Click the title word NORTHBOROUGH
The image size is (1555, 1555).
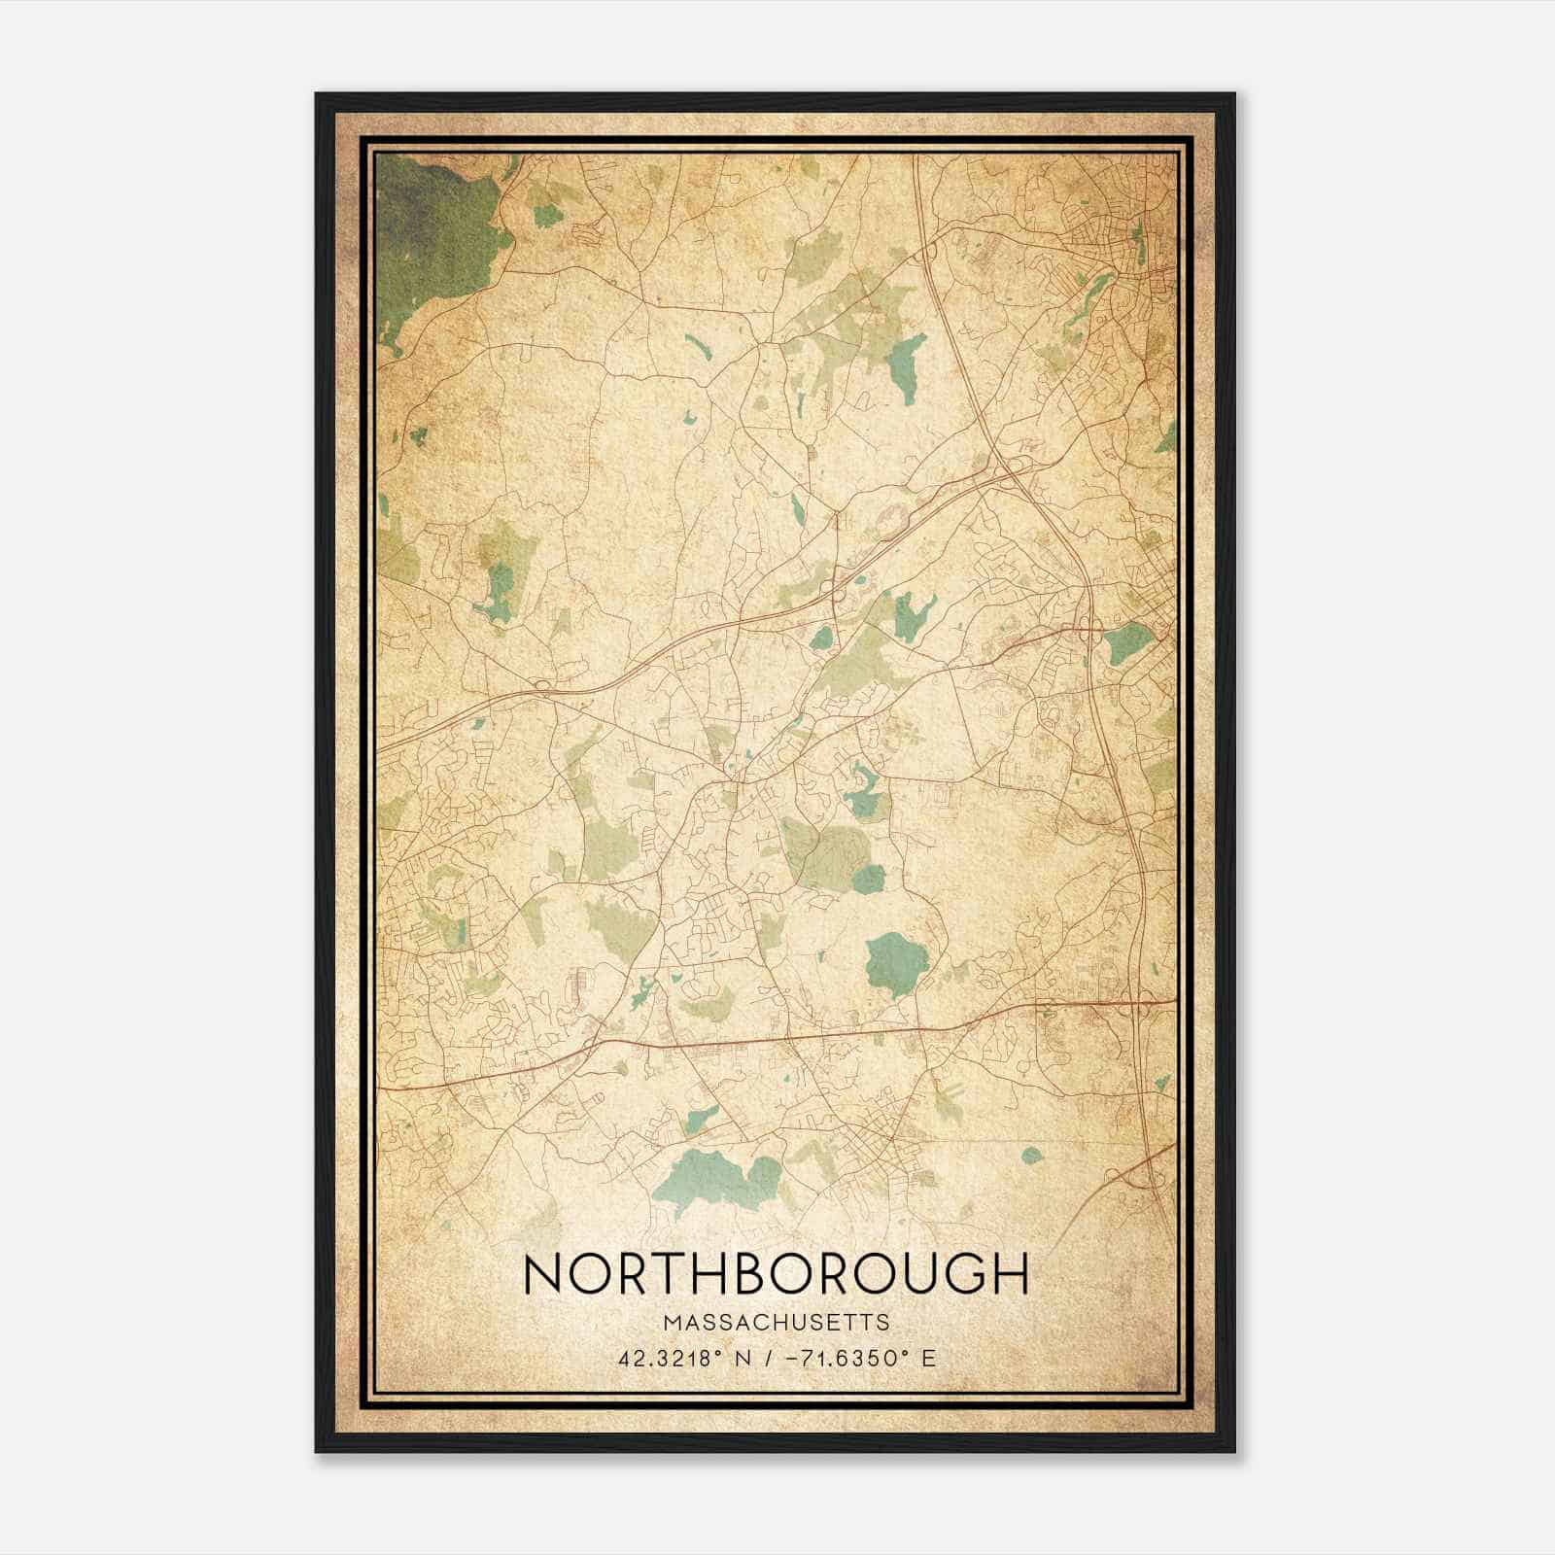tap(775, 1274)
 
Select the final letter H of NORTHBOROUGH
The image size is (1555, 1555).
tap(1009, 1274)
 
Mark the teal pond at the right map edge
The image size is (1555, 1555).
tap(1127, 642)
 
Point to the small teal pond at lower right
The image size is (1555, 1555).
tap(1032, 1155)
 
